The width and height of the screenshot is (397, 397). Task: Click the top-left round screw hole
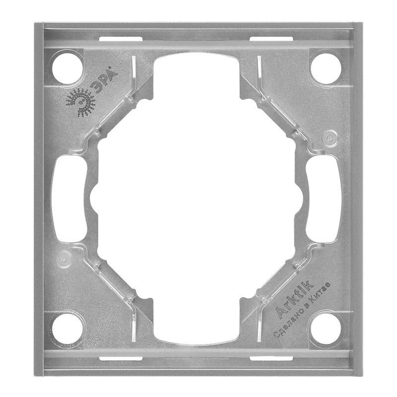67,68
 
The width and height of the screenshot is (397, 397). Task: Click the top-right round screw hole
326,68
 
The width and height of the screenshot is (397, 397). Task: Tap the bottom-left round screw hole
67,329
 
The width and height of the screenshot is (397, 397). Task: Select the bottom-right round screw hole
326,329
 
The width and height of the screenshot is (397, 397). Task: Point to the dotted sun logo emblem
81,103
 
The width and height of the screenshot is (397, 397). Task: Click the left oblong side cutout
69,198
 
